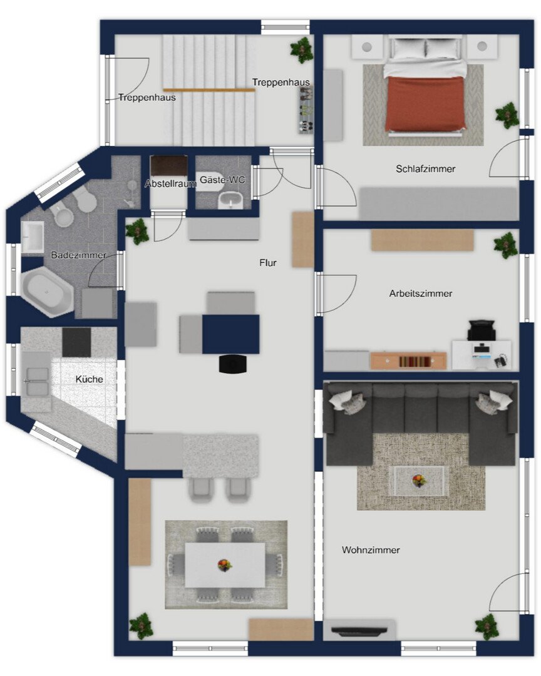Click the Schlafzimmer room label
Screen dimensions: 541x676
coord(425,169)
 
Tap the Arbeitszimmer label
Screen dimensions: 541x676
coord(421,294)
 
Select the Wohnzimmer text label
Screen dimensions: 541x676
coord(371,550)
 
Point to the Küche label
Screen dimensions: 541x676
coord(90,379)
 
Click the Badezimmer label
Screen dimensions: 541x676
coord(78,255)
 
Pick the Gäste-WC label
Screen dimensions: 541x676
coord(222,180)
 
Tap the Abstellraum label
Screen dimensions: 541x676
coord(170,183)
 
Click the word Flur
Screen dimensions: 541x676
coord(268,263)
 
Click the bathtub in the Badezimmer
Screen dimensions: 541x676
coord(48,292)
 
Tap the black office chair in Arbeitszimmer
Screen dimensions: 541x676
coord(482,330)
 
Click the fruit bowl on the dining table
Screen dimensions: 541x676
coord(224,565)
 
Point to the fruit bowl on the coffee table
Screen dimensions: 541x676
coord(418,480)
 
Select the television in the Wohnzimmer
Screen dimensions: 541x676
coord(359,631)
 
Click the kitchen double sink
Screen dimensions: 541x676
coord(37,382)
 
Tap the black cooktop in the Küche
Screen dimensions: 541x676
coord(77,342)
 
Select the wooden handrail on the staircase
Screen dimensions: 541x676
coord(209,90)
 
